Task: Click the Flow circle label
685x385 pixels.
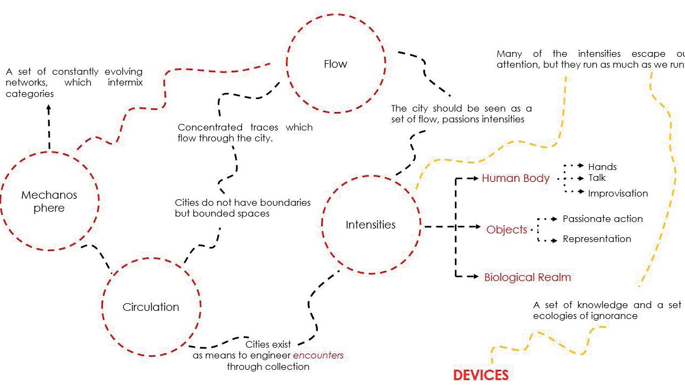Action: (335, 64)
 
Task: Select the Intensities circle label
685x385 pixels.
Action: (370, 225)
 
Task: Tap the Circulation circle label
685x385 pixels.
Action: (151, 307)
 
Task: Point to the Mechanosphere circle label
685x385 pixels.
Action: (49, 201)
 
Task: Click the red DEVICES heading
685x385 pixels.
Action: (480, 375)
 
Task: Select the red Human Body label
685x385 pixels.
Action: (516, 178)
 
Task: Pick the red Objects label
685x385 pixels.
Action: (506, 230)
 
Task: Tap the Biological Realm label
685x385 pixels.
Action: (527, 277)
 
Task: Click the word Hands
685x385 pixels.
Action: (602, 167)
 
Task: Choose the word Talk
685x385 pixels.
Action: (597, 178)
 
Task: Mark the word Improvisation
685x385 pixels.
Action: (618, 193)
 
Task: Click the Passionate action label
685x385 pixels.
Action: (603, 219)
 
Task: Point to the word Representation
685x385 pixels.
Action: (597, 239)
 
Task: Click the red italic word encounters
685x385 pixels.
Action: (318, 356)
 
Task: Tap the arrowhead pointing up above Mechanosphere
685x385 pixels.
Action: (49, 107)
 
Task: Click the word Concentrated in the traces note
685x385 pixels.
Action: (210, 127)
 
